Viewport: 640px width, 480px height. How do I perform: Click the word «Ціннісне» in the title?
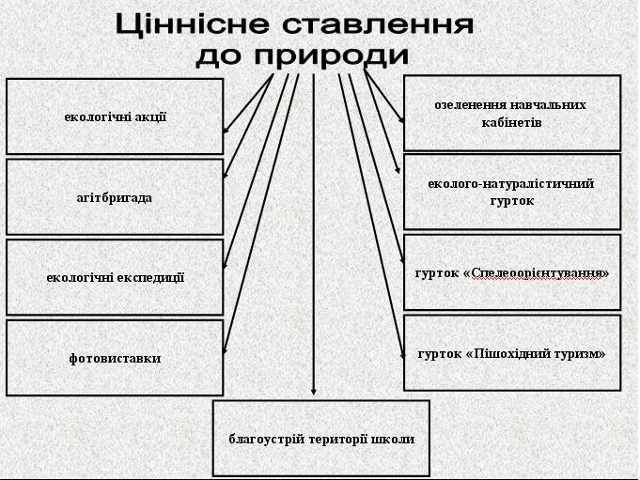[193, 24]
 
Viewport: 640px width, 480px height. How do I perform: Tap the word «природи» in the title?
[331, 55]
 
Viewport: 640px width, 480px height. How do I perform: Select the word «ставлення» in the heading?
[378, 24]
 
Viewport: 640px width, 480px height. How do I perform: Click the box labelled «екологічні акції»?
[115, 116]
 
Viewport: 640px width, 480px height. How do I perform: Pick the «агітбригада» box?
[115, 197]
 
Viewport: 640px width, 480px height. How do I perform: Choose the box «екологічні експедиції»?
[115, 277]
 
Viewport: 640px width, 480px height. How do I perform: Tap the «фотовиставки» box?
[115, 358]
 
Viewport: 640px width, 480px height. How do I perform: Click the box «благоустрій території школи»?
[321, 439]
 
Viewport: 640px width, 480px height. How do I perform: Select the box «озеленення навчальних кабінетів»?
[512, 113]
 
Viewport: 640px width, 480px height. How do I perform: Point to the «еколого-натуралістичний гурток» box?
[512, 192]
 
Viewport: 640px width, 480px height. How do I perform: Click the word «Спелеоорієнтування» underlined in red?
[537, 272]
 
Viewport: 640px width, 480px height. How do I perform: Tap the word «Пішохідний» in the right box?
[509, 353]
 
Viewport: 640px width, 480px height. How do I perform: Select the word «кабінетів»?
[512, 122]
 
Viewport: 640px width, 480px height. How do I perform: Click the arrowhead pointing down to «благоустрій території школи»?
[314, 391]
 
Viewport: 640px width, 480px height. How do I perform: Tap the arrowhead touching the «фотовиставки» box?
[225, 349]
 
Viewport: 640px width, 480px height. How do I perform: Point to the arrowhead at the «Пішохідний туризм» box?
[402, 355]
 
